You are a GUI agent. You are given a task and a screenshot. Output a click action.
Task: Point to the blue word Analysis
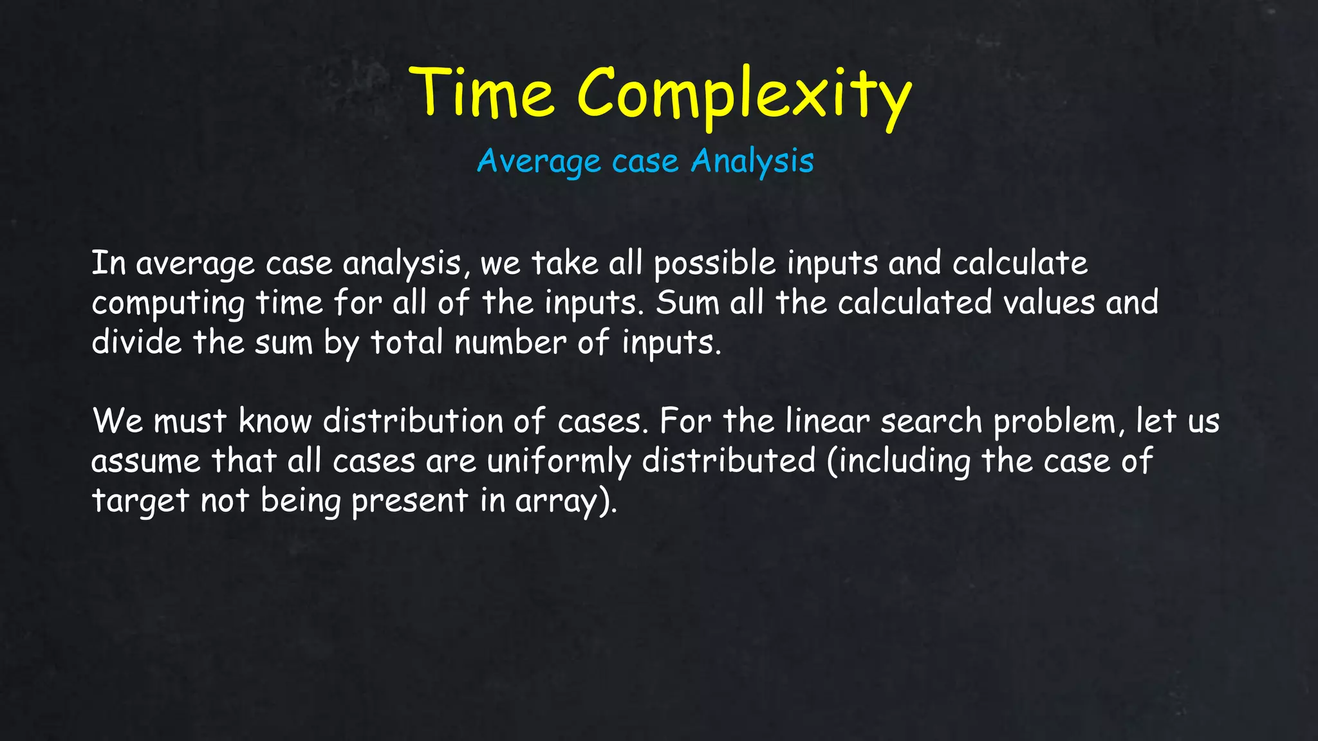click(752, 161)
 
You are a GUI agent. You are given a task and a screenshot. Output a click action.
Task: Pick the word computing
click(168, 304)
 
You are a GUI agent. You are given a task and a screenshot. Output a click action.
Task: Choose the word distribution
click(413, 421)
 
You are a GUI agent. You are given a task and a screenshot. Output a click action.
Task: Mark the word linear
click(827, 421)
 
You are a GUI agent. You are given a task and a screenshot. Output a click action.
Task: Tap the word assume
click(146, 461)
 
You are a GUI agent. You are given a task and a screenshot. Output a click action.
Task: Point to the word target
click(140, 501)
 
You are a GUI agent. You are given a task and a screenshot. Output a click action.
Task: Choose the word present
click(409, 501)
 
